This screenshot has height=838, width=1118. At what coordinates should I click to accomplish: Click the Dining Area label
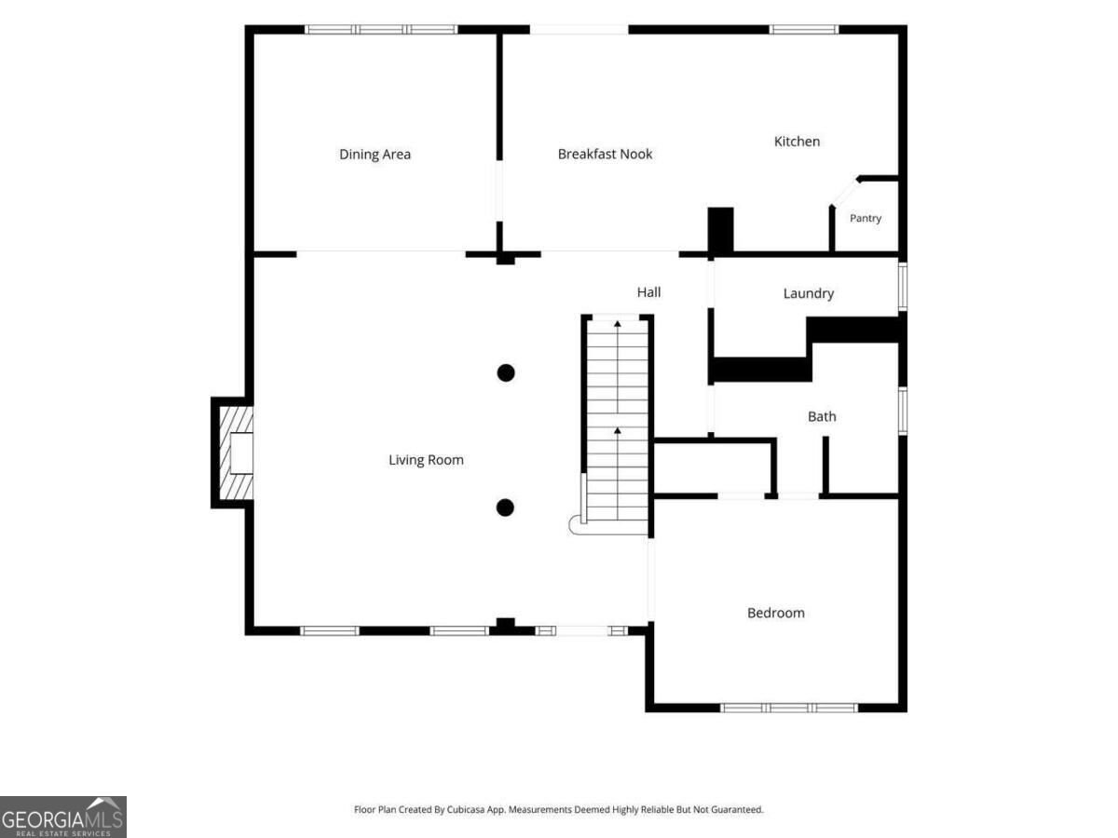[x=375, y=155]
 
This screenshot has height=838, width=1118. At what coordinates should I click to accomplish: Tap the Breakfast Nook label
[x=605, y=155]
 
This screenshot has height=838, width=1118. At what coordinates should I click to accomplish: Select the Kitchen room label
[x=798, y=142]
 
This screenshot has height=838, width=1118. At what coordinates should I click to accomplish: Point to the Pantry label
[x=866, y=218]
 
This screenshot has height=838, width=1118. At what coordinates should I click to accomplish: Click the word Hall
[x=648, y=292]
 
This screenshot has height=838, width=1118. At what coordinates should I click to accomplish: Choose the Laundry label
[x=809, y=293]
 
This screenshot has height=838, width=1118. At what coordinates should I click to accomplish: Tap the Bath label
[x=822, y=417]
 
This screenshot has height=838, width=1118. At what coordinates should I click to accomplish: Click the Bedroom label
[x=776, y=613]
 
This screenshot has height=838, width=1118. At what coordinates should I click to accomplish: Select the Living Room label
[x=426, y=460]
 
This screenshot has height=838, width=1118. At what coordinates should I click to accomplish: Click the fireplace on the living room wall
[x=232, y=453]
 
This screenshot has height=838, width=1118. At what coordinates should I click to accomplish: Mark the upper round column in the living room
[x=506, y=373]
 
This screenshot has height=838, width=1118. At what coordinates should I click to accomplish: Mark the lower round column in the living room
[x=505, y=507]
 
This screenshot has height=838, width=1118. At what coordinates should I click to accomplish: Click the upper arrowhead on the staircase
[x=618, y=324]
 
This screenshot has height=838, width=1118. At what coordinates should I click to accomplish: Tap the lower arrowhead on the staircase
[x=618, y=430]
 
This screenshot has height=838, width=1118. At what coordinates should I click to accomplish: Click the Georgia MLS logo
[x=63, y=818]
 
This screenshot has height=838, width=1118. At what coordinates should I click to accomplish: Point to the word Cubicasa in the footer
[x=466, y=809]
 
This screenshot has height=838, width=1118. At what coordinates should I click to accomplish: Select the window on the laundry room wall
[x=903, y=287]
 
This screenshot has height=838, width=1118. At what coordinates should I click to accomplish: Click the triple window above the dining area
[x=381, y=30]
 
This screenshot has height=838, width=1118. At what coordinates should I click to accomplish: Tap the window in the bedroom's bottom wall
[x=789, y=708]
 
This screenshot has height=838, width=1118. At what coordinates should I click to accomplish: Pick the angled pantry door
[x=844, y=193]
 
